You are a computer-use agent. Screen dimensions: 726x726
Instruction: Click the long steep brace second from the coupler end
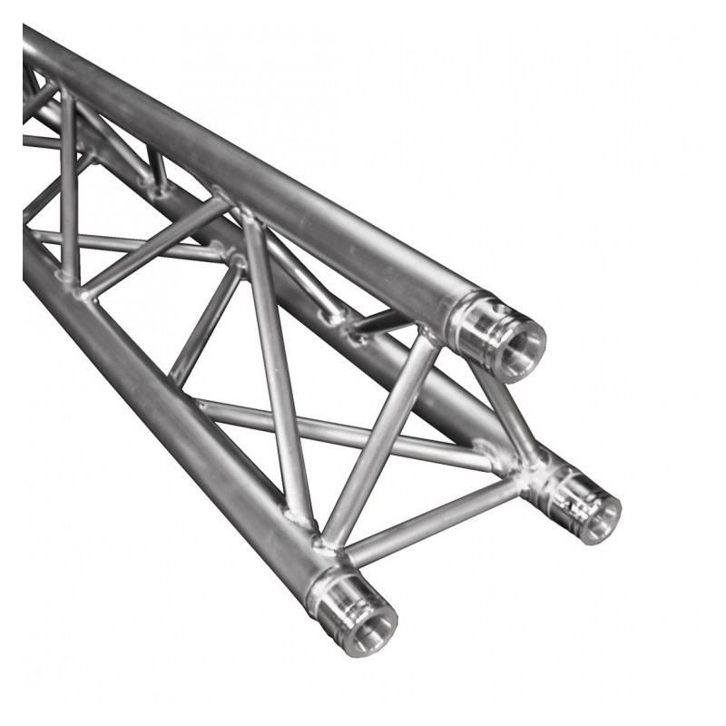[x=272, y=363]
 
